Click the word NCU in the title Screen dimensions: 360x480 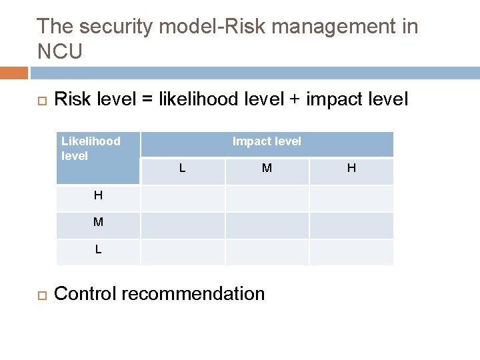(x=60, y=52)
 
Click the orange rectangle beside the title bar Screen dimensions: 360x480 (x=14, y=73)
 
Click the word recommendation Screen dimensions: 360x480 (x=193, y=294)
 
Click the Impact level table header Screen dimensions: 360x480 (x=267, y=141)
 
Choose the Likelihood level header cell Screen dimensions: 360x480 (x=97, y=157)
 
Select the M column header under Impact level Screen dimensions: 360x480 (x=267, y=169)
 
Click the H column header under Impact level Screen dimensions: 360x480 (x=351, y=169)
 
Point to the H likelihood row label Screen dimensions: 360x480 (x=98, y=196)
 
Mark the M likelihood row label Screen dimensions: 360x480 (x=98, y=223)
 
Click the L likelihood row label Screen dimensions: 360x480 (x=98, y=250)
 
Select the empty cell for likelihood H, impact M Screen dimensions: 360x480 (x=267, y=198)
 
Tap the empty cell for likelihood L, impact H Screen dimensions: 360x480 (x=351, y=252)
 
